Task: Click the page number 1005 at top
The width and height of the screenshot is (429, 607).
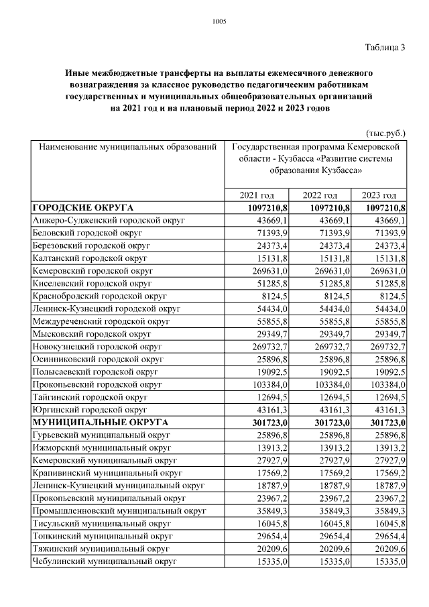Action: [219, 21]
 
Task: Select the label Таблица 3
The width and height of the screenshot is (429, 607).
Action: [385, 47]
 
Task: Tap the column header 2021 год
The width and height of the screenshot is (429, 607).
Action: [257, 195]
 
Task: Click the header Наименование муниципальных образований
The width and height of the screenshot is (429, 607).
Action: [127, 146]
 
